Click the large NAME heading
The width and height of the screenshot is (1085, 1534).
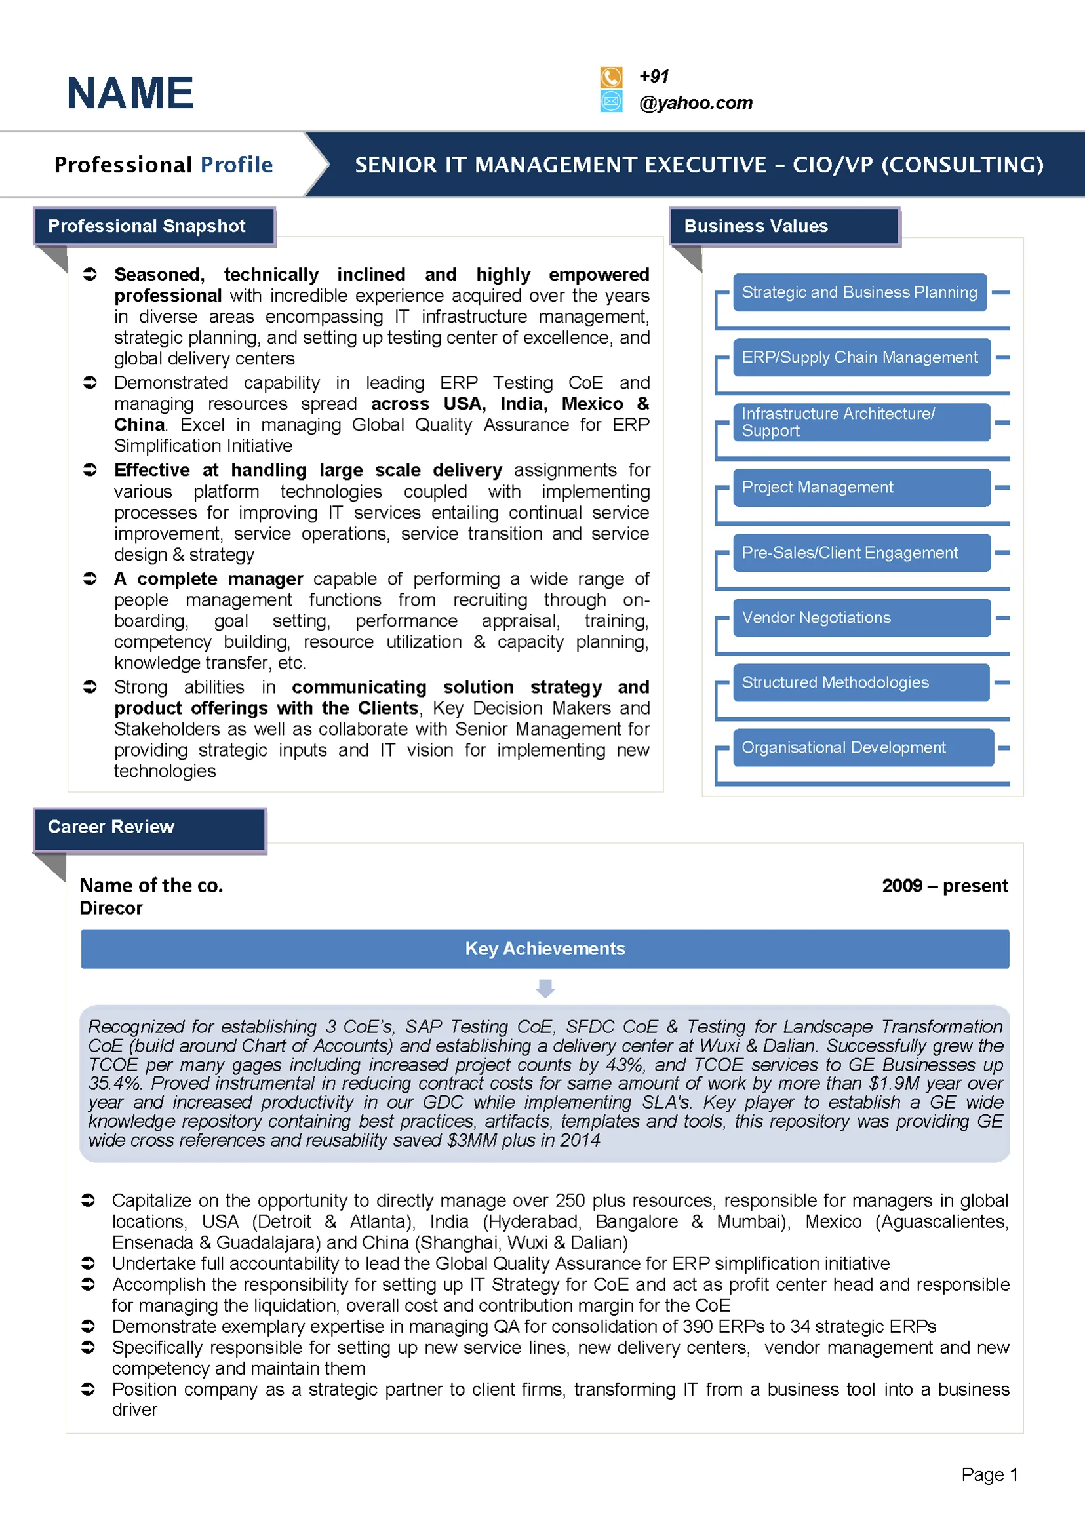pyautogui.click(x=130, y=93)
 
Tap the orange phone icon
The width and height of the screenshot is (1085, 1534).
pyautogui.click(x=610, y=77)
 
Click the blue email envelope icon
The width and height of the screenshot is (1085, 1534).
pyautogui.click(x=610, y=102)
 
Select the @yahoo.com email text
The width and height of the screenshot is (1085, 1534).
pyautogui.click(x=696, y=103)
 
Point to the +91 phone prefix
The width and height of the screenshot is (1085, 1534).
pyautogui.click(x=654, y=76)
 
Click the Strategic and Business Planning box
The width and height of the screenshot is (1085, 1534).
pyautogui.click(x=859, y=292)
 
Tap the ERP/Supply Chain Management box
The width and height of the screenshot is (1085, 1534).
pyautogui.click(x=861, y=357)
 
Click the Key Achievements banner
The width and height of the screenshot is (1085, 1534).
pyautogui.click(x=545, y=949)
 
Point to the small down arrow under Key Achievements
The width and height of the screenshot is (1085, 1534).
pyautogui.click(x=545, y=988)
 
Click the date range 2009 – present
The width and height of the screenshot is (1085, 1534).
pyautogui.click(x=944, y=886)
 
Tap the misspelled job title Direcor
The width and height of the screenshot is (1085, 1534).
pyautogui.click(x=111, y=908)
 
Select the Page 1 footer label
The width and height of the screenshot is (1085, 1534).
pyautogui.click(x=989, y=1474)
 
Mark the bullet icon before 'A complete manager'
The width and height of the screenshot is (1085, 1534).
pyautogui.click(x=90, y=579)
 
